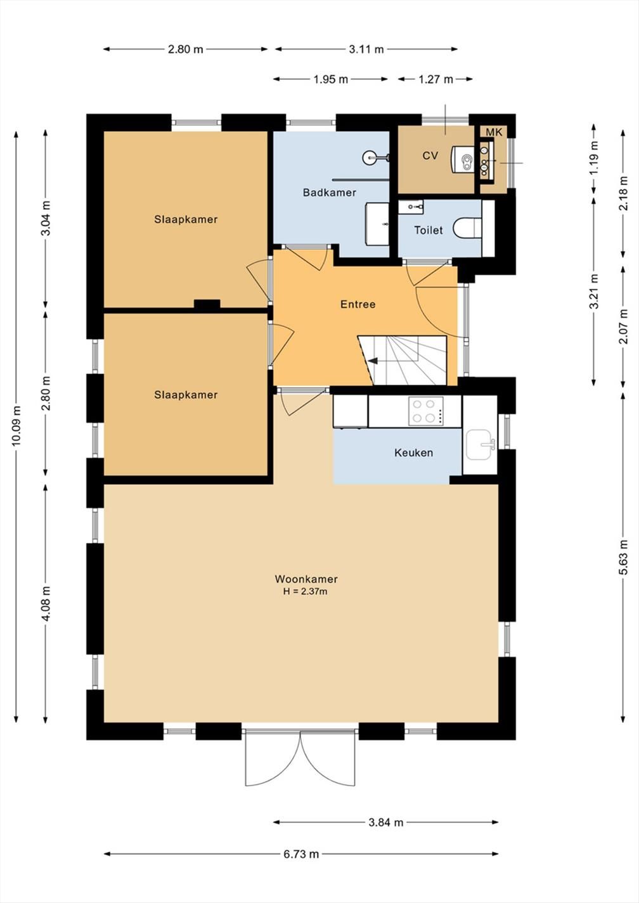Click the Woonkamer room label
tap(306, 579)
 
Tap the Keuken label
tap(413, 452)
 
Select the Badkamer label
tap(330, 193)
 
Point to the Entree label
tap(358, 304)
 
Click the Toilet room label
tap(429, 230)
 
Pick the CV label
tap(430, 156)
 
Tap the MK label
tap(494, 132)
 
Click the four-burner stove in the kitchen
tap(426, 411)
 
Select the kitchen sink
tap(481, 445)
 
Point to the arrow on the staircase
tap(372, 361)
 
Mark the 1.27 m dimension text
tap(436, 79)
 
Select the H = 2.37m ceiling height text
tap(305, 592)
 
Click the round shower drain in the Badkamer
tap(369, 157)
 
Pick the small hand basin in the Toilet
tap(411, 207)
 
